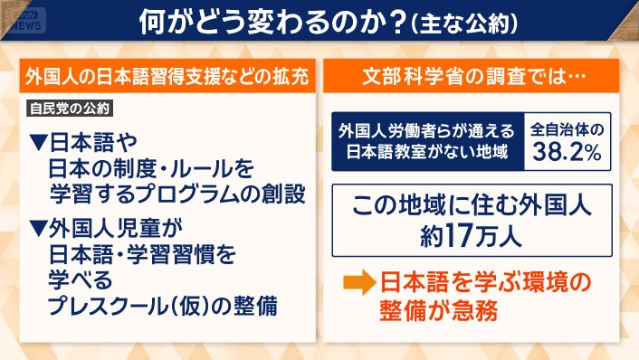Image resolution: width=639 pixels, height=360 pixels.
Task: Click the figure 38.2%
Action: (567, 153)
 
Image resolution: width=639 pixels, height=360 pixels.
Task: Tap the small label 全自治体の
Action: (567, 130)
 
